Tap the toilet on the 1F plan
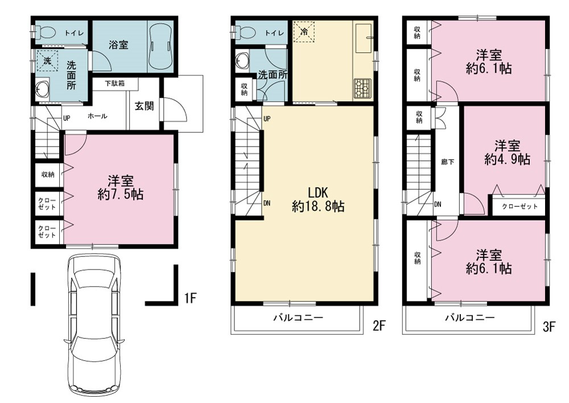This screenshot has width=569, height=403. point(46,33)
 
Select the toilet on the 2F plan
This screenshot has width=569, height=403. point(246,33)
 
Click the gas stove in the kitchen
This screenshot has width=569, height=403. point(362,88)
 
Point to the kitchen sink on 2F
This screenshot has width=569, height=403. point(363,38)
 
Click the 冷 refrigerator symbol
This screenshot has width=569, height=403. point(304,32)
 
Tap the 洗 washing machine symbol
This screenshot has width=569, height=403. point(47,60)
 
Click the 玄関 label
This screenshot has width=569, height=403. point(144,106)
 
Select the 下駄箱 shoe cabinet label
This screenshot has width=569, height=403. point(115,84)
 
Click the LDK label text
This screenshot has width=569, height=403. point(318,193)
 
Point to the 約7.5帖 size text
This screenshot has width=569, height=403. point(121,194)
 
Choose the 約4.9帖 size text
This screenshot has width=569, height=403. point(508,159)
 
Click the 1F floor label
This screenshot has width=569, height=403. point(190,298)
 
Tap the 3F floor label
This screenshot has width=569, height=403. point(549,327)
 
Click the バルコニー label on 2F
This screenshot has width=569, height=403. point(298,318)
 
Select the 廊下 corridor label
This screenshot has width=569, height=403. point(447,161)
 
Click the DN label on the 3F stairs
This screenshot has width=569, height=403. point(438,205)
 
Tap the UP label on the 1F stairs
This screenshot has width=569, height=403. point(67,118)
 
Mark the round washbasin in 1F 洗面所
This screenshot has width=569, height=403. point(43,89)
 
